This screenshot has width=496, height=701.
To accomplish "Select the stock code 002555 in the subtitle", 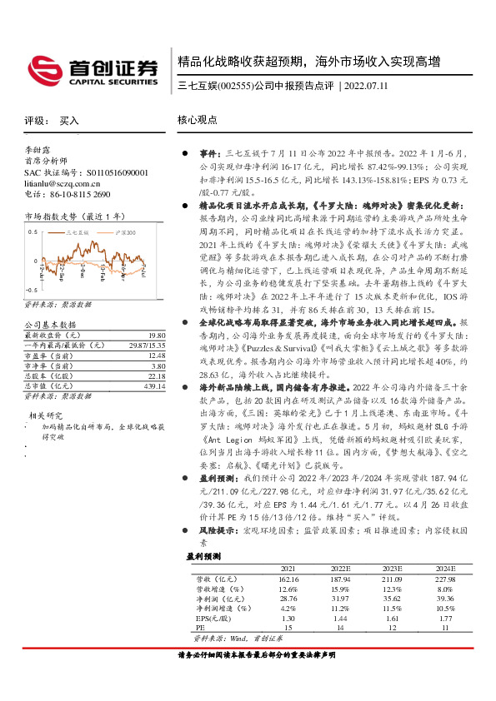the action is tap(236, 87).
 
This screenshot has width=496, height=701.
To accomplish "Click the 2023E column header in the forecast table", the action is tap(392, 569).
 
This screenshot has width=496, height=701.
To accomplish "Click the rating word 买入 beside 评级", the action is tap(69, 121).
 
